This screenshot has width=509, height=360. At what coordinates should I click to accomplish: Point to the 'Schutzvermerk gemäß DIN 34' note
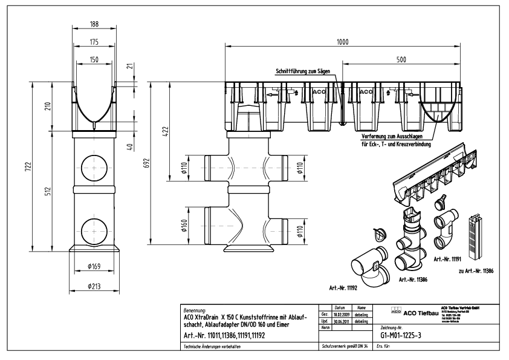pyautogui.click(x=343, y=347)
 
